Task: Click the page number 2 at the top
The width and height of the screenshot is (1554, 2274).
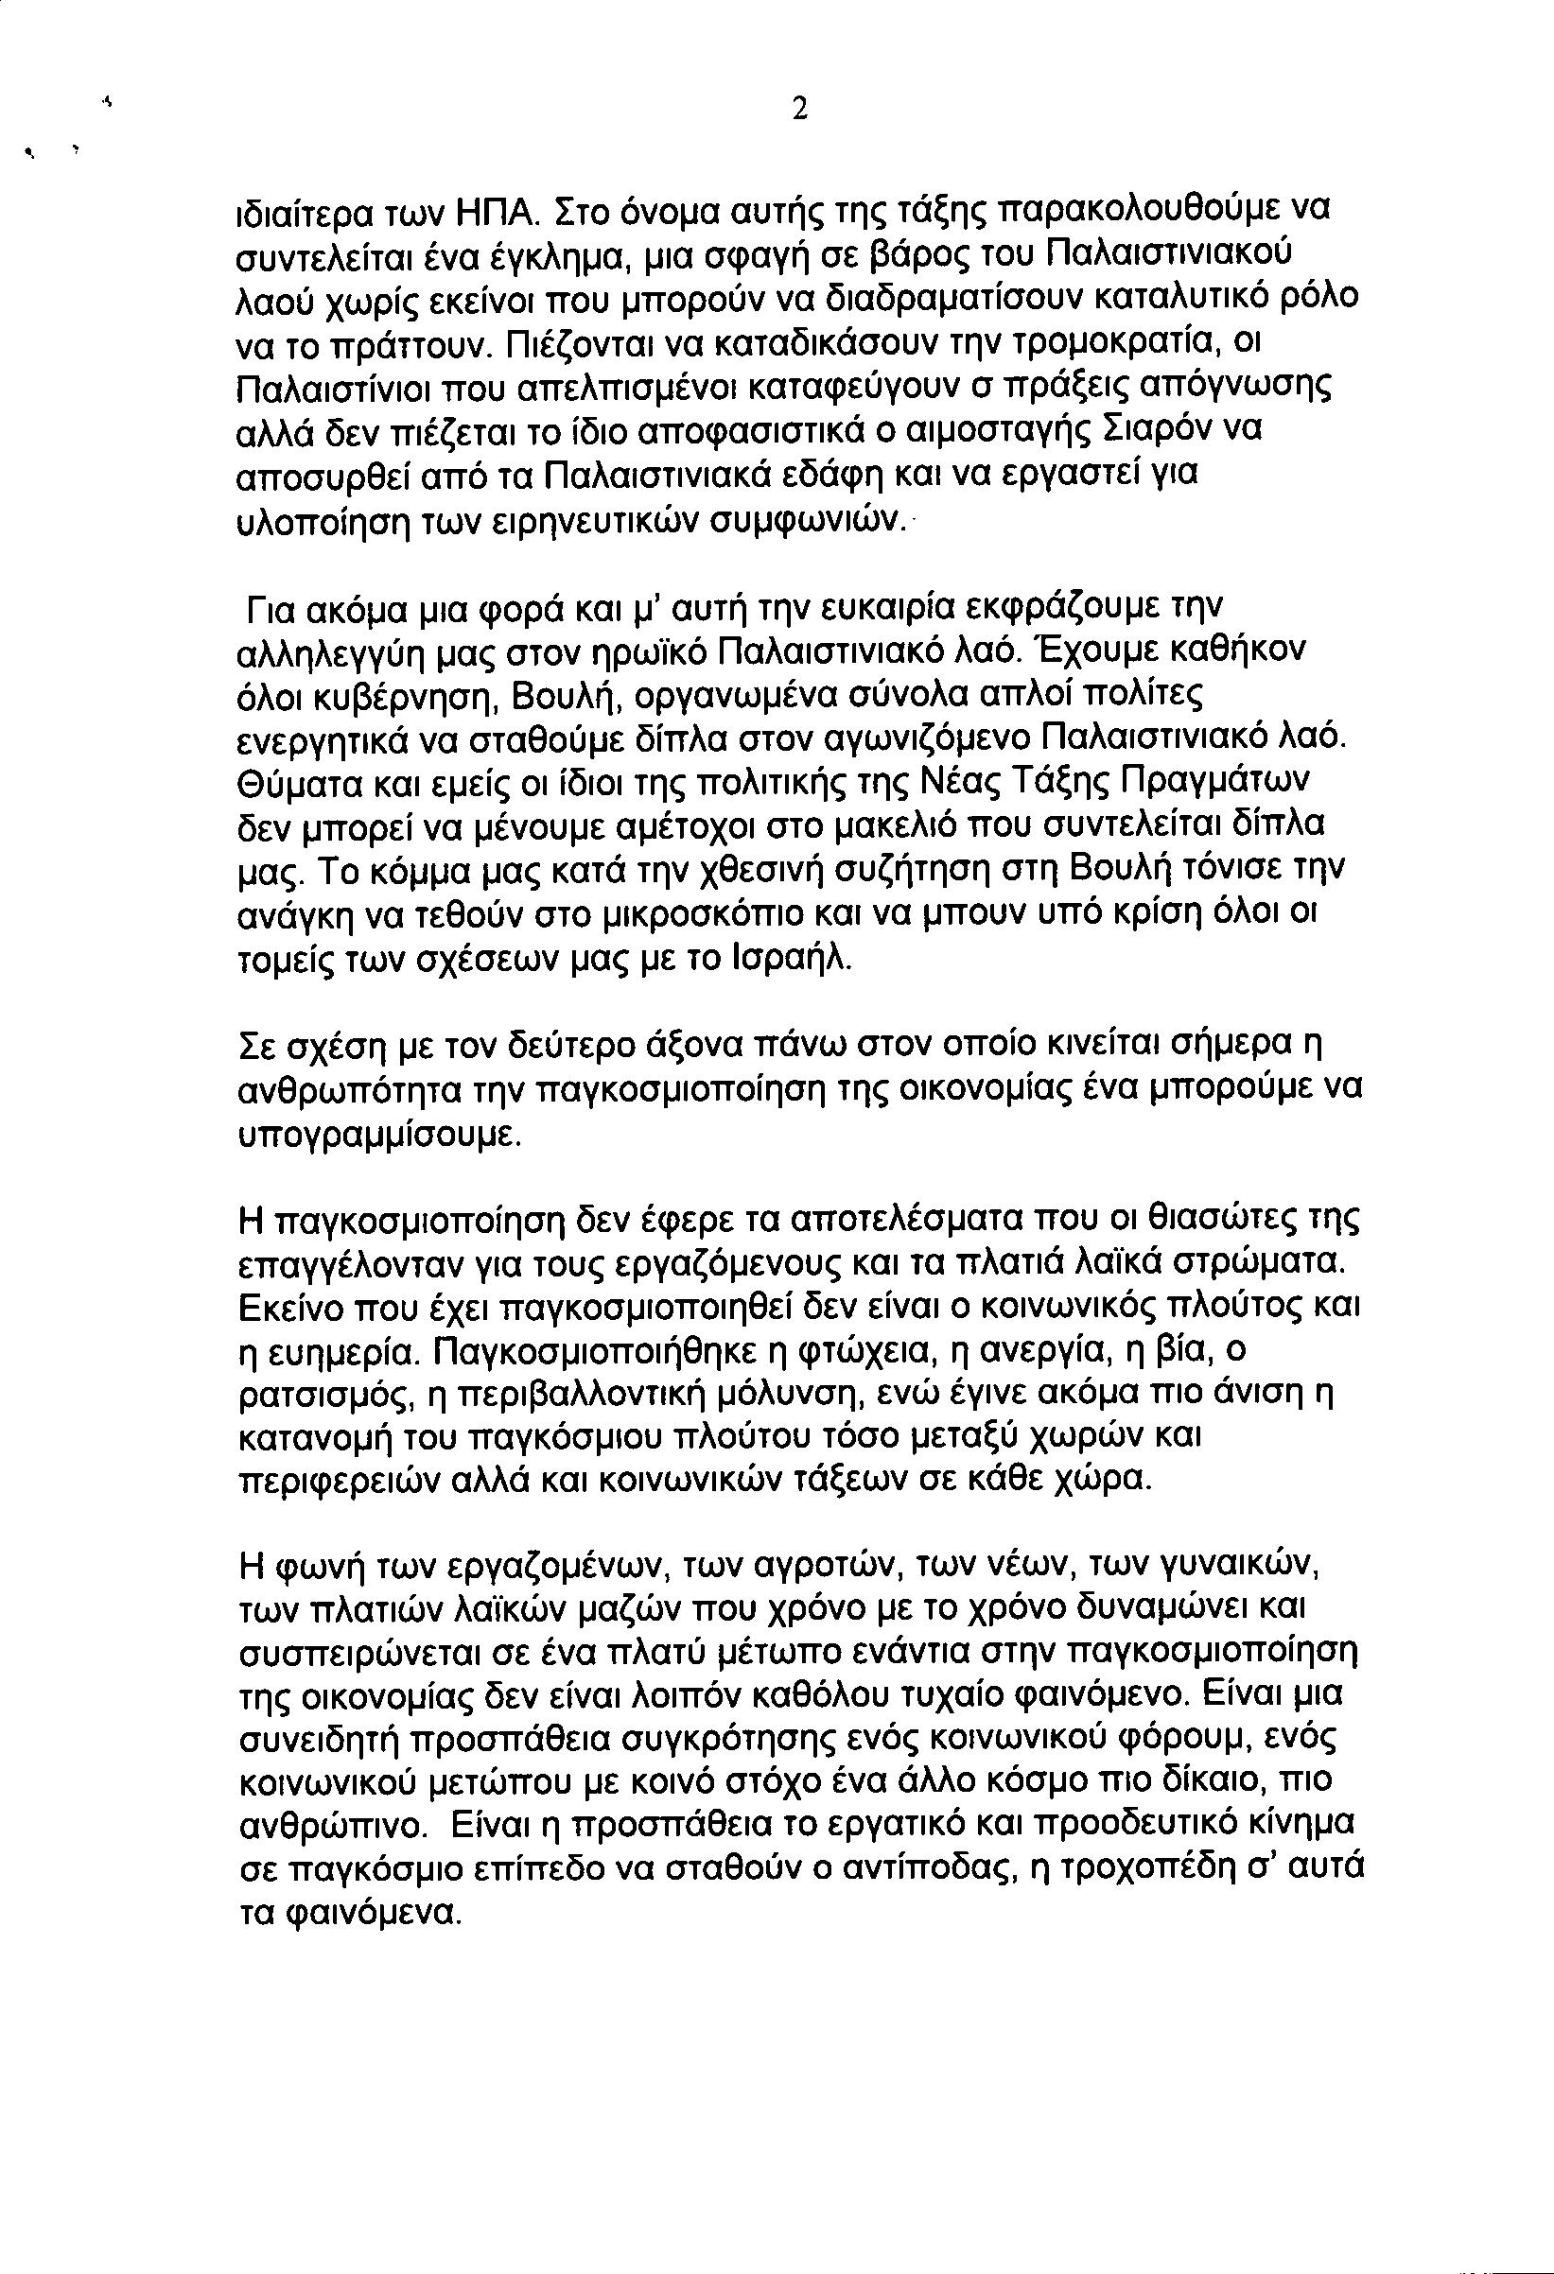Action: pyautogui.click(x=799, y=112)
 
